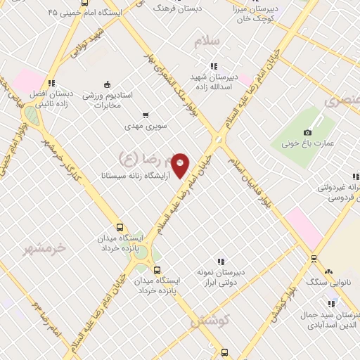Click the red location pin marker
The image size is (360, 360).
[x=181, y=165]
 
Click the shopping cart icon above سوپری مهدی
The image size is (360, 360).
[x=145, y=115]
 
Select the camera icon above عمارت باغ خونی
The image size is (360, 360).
[x=307, y=133]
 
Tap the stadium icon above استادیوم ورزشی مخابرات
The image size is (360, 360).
[x=106, y=84]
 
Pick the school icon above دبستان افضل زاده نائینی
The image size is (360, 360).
[x=51, y=82]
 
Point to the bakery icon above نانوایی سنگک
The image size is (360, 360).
[x=328, y=271]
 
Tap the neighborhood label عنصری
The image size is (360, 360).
[x=343, y=101]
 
